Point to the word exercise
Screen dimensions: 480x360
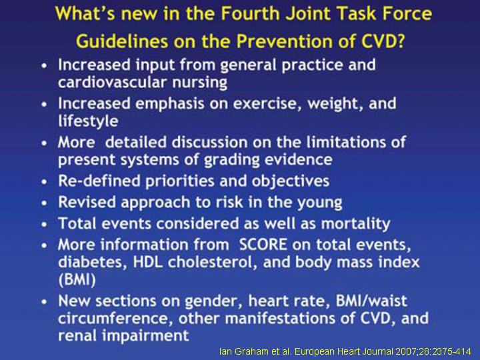(x=268, y=103)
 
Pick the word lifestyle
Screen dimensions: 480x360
(x=88, y=121)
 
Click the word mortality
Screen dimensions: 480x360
(x=356, y=224)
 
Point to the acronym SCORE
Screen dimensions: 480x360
(x=263, y=245)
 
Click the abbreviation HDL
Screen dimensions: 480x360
(x=147, y=263)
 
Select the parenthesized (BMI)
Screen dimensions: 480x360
(x=77, y=280)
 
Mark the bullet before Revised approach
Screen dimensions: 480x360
(x=45, y=203)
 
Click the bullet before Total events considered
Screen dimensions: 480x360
(x=45, y=224)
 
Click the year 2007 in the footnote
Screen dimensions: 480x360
(x=407, y=351)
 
